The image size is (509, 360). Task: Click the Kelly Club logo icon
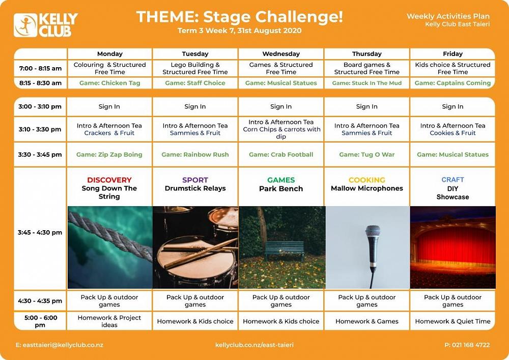(x=25, y=25)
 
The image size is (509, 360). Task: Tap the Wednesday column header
(x=281, y=54)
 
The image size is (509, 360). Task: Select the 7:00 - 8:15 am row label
(x=40, y=69)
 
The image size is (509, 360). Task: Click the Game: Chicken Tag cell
(x=110, y=83)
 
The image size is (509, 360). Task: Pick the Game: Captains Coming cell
(x=453, y=83)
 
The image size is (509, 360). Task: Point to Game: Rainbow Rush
(x=195, y=154)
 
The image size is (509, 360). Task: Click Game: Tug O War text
(x=367, y=154)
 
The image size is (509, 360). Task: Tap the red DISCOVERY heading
(x=109, y=180)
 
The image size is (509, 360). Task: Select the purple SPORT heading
(x=195, y=180)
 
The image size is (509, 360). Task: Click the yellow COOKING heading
(x=367, y=180)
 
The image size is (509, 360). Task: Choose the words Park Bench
(x=281, y=188)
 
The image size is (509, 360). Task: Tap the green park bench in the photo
(x=285, y=250)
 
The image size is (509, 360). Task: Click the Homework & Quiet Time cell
(x=453, y=321)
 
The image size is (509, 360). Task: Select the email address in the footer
(x=60, y=345)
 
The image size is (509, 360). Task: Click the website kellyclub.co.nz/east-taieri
(x=254, y=345)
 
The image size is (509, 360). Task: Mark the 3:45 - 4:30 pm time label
(x=40, y=232)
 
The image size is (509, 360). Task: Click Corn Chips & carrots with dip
(x=281, y=133)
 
